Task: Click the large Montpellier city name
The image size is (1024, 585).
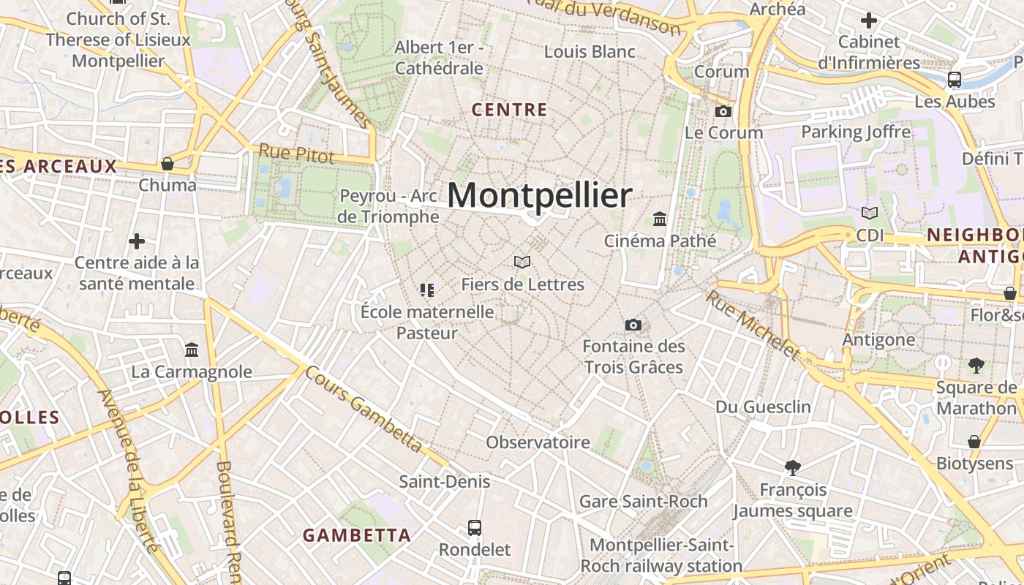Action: point(540,196)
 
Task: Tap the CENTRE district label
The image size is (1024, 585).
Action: point(510,110)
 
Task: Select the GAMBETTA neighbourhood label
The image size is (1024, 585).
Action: point(357,535)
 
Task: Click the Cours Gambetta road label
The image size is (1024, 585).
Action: point(364,409)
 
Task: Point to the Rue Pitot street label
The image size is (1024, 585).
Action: point(296,154)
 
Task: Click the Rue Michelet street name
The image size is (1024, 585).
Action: point(753,325)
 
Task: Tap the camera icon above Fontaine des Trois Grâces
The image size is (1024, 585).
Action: point(633,325)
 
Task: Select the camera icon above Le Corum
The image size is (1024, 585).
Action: point(723,111)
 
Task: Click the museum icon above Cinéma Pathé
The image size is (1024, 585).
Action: point(660,219)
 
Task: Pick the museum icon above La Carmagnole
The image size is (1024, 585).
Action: point(192,350)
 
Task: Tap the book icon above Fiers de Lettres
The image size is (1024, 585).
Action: point(522,262)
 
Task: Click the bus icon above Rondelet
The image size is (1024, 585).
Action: point(475,527)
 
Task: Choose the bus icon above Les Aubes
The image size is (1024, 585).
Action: point(954,80)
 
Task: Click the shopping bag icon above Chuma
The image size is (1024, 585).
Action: point(167,164)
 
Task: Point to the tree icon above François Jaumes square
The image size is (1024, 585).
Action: point(792,468)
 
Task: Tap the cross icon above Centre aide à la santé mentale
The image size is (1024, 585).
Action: point(137,241)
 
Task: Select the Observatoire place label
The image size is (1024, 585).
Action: point(538,442)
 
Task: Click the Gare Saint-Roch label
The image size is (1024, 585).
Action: point(644,502)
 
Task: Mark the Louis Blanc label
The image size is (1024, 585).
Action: point(590,52)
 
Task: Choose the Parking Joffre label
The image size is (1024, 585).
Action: point(856,132)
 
